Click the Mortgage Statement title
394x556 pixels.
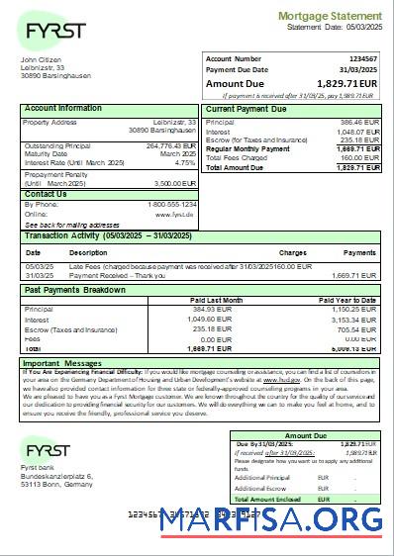[329, 17]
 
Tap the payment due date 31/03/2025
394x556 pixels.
[360, 70]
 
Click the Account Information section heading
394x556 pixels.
[62, 108]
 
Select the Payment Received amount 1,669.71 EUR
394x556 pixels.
[355, 275]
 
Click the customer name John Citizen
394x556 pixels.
[41, 60]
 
